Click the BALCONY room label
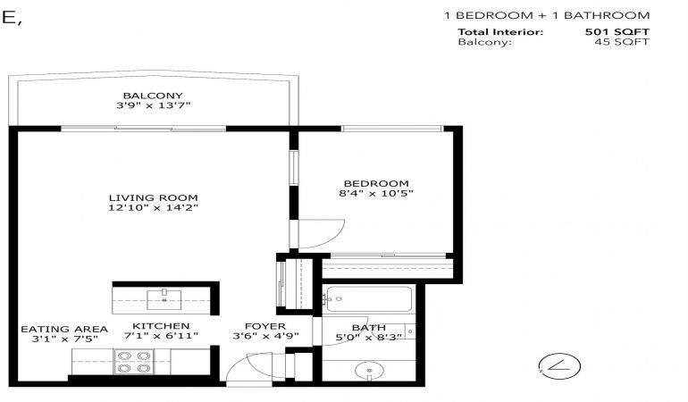pyautogui.click(x=153, y=96)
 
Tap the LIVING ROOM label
pyautogui.click(x=153, y=198)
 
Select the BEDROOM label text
pyautogui.click(x=376, y=183)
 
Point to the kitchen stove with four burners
pyautogui.click(x=134, y=362)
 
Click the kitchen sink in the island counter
pyautogui.click(x=164, y=299)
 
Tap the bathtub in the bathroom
pyautogui.click(x=369, y=299)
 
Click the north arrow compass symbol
pyautogui.click(x=559, y=366)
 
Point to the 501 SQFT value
pyautogui.click(x=617, y=31)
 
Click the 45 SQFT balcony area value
pyautogui.click(x=622, y=42)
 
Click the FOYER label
pyautogui.click(x=265, y=326)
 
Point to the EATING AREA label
pyautogui.click(x=64, y=329)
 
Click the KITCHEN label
pyautogui.click(x=161, y=326)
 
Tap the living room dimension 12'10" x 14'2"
pyautogui.click(x=153, y=207)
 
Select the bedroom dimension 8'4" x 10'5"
pyautogui.click(x=376, y=193)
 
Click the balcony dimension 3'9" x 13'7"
pyautogui.click(x=153, y=105)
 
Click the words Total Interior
pyautogui.click(x=500, y=31)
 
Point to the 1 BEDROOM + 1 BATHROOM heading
pyautogui.click(x=547, y=15)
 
